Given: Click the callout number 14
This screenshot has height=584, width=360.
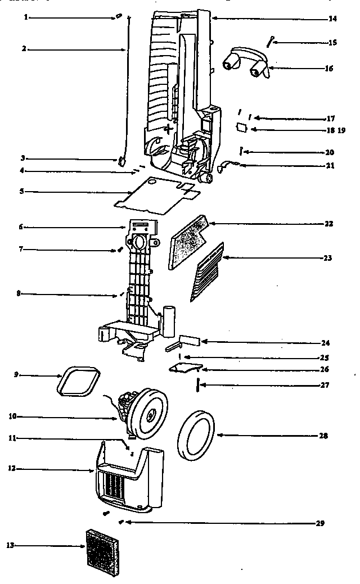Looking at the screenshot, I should pyautogui.click(x=332, y=19).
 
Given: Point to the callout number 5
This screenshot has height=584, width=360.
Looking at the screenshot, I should pyautogui.click(x=21, y=192).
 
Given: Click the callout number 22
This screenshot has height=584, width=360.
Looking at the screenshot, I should pyautogui.click(x=328, y=224).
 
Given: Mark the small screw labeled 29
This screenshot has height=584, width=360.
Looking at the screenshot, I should pyautogui.click(x=122, y=522).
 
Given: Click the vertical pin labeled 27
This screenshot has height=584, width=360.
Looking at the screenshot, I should pyautogui.click(x=197, y=386).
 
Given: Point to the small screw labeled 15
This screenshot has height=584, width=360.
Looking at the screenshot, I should pyautogui.click(x=271, y=40).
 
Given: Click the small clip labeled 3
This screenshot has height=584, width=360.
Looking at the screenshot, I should pyautogui.click(x=121, y=161).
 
